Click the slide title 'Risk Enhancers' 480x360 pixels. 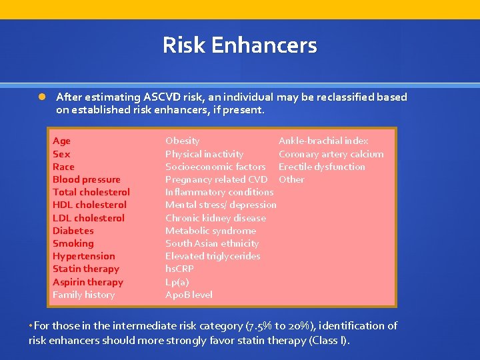coord(240,45)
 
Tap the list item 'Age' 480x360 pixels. coord(61,141)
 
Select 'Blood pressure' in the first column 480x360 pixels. coord(87,179)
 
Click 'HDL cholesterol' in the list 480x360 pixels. coord(89,205)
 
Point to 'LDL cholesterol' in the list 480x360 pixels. coord(89,218)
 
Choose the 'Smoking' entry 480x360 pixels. coord(73,243)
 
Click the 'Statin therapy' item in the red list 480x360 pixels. coord(86,269)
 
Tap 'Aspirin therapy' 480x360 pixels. coord(88,282)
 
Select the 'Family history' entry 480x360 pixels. coord(84,295)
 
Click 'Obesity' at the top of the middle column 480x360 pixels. coord(183,141)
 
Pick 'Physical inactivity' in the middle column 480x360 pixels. coord(205,154)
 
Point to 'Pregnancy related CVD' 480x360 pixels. coord(217,179)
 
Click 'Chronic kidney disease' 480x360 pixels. coord(215,218)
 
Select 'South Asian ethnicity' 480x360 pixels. coord(212,243)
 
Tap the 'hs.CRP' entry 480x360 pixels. coord(180,269)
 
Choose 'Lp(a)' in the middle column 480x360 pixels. coord(177,282)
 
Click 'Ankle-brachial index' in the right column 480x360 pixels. coord(323,141)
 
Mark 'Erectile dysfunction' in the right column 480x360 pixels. coord(322,167)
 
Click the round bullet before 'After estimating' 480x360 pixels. coord(41,97)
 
